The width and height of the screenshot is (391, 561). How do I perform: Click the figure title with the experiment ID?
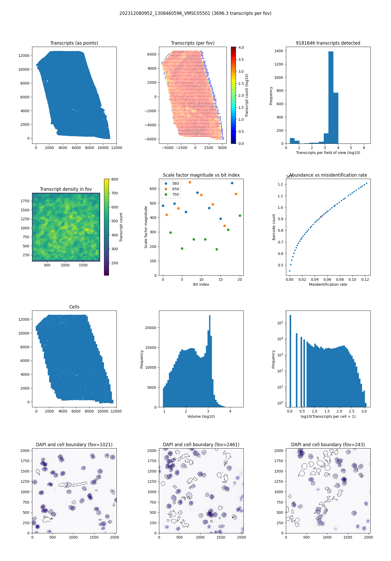[195, 13]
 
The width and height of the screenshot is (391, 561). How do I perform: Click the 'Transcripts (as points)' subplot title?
[74, 43]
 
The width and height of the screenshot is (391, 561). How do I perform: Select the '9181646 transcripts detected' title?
[328, 43]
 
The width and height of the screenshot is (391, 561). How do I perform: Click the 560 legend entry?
[175, 183]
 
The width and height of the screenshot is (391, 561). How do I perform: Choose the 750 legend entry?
[175, 194]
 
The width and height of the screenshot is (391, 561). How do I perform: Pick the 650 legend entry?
[175, 189]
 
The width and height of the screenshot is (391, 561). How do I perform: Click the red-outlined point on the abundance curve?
[321, 217]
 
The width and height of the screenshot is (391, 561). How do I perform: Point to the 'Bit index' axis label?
[201, 284]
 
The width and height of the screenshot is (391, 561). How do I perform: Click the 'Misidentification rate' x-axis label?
[328, 284]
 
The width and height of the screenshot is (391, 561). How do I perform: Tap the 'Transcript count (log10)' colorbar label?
[247, 95]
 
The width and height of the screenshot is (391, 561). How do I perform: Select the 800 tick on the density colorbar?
[115, 179]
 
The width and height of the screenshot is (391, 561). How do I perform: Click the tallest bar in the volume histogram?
[210, 361]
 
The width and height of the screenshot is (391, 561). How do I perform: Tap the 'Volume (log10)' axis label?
[201, 416]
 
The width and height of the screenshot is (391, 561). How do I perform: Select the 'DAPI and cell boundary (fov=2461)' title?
[201, 445]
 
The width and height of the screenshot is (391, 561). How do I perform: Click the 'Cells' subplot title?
[74, 307]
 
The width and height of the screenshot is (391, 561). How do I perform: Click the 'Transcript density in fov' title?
[66, 189]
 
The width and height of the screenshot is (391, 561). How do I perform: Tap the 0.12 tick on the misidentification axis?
[365, 279]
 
